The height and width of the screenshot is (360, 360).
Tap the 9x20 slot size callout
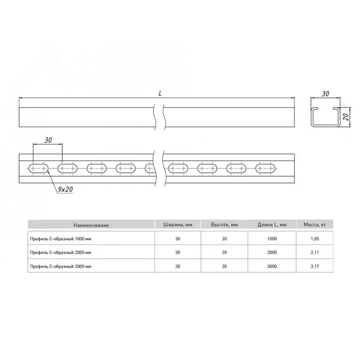click(65, 189)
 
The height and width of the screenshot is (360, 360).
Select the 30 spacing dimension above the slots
click(48, 140)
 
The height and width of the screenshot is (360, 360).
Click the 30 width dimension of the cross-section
click(325, 94)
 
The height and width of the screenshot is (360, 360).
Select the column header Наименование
click(91, 225)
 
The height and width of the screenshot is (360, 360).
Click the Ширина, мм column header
click(178, 225)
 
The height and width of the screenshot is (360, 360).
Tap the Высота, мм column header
click(224, 225)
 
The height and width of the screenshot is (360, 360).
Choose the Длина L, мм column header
click(272, 225)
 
